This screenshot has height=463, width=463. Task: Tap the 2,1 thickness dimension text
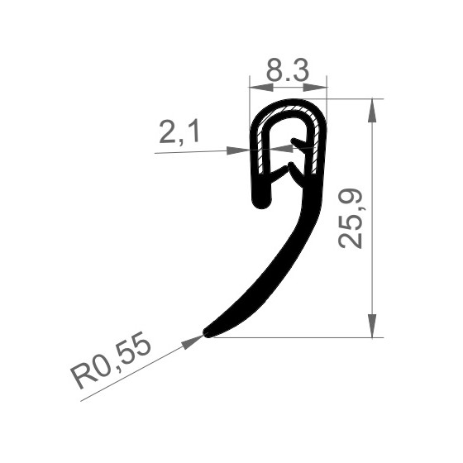[179, 132]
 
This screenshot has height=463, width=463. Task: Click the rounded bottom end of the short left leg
[263, 201]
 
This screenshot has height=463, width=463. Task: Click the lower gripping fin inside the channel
[289, 172]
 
